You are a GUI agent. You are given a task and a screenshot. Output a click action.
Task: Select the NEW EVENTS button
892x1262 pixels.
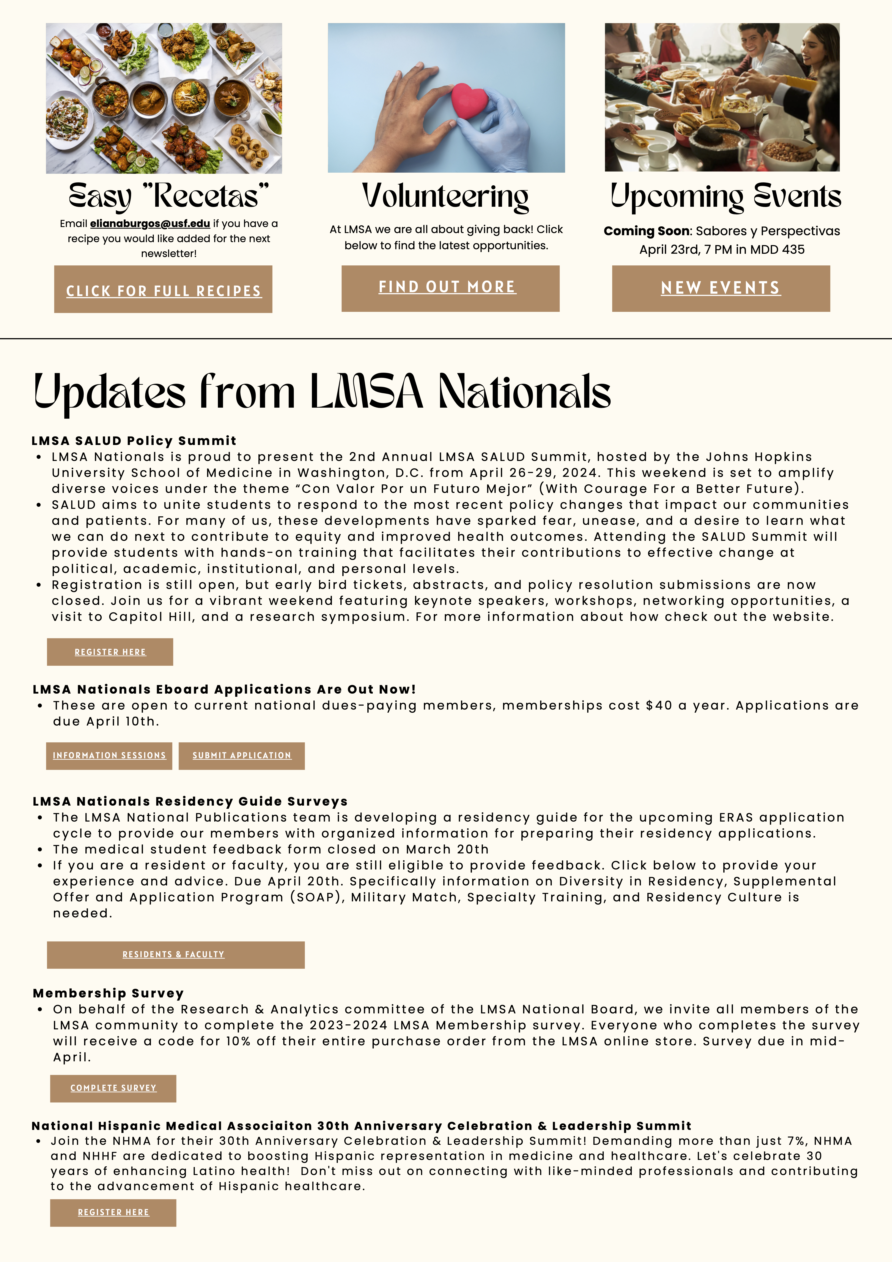click(x=721, y=288)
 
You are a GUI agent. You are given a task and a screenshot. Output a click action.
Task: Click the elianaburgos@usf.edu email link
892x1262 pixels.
click(x=150, y=224)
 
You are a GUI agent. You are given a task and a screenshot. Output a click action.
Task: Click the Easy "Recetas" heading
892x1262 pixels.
click(x=169, y=196)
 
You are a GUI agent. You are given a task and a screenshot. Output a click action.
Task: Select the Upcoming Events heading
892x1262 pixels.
click(x=725, y=196)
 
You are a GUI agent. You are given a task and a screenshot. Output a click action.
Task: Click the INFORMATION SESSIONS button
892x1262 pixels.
click(x=109, y=756)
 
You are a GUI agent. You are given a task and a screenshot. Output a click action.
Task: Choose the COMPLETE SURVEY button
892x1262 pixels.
click(x=113, y=1088)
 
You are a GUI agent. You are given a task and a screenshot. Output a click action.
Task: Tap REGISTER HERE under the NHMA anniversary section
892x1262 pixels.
click(x=113, y=1213)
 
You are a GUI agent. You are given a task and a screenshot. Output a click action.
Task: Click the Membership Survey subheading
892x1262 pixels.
click(x=108, y=993)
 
